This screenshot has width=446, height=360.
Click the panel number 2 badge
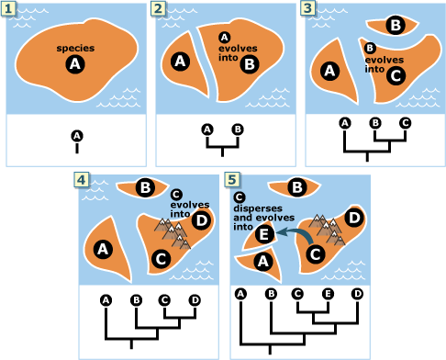click(x=160, y=7)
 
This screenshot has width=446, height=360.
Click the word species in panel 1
click(x=75, y=48)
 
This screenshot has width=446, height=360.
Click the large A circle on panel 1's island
click(x=75, y=64)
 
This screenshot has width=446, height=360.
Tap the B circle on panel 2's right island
click(x=249, y=63)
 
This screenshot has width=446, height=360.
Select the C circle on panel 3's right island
click(x=396, y=76)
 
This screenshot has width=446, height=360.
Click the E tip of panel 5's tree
click(x=327, y=294)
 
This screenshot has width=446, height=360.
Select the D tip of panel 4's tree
click(x=194, y=299)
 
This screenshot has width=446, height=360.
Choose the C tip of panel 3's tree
click(x=404, y=122)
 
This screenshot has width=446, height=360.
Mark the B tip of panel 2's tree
click(x=237, y=129)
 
